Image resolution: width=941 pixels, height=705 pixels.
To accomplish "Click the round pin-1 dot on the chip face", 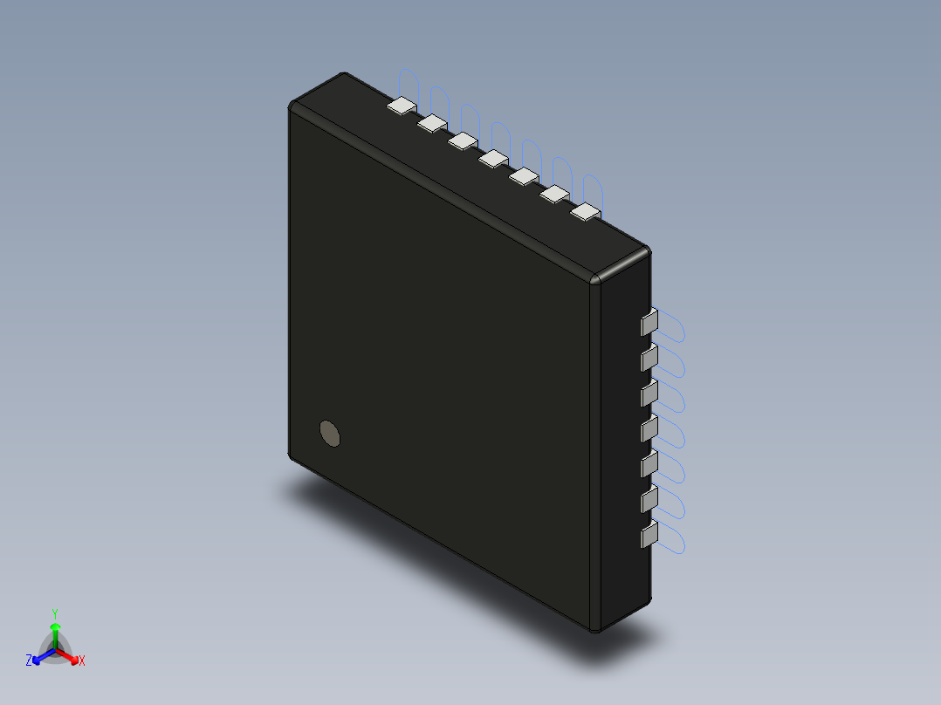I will [330, 433].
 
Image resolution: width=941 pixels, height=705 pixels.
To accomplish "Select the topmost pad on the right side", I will [649, 324].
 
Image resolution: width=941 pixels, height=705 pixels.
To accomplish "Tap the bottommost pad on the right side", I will [649, 536].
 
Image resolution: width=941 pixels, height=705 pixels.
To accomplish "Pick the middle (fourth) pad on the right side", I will [649, 429].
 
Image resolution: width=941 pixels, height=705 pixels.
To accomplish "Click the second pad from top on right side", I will [649, 358].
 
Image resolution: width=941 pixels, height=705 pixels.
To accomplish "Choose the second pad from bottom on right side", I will [649, 500].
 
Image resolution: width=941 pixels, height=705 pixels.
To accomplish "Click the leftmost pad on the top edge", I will [402, 106].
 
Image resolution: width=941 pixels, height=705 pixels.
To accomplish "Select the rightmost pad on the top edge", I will [586, 211].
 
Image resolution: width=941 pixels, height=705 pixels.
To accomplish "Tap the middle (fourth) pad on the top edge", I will [493, 158].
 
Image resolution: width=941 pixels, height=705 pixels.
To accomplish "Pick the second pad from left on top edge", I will [432, 124].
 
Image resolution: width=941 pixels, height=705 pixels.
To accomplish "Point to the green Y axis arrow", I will [55, 626].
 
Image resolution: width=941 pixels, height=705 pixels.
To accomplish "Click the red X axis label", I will [81, 661].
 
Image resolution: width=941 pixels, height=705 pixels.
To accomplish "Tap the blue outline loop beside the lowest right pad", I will [676, 540].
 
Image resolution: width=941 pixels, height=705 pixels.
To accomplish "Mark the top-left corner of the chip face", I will [292, 106].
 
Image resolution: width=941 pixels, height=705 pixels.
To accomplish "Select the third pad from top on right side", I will [649, 394].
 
